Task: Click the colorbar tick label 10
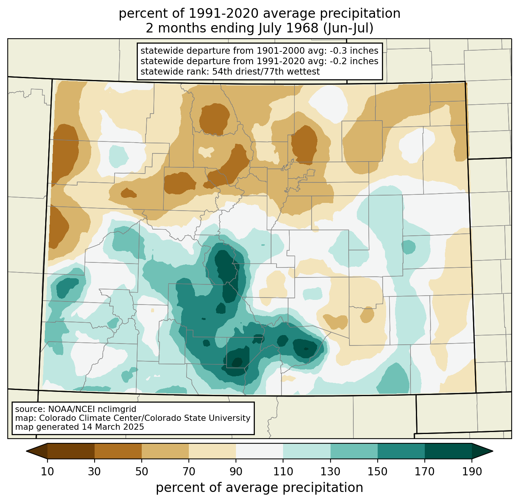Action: (x=47, y=472)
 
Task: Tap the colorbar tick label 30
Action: (x=94, y=472)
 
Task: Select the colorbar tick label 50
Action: (x=142, y=472)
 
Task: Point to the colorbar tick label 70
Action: (x=189, y=472)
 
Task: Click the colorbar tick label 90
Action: (x=236, y=472)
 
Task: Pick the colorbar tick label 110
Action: (x=283, y=472)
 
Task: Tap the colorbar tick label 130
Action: (x=331, y=472)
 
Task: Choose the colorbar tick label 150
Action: (x=378, y=472)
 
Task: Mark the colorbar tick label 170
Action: (x=425, y=472)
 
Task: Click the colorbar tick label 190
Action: (x=472, y=472)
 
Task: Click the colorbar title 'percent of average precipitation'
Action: (x=259, y=488)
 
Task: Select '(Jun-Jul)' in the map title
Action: (x=348, y=29)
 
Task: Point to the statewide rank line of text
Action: (x=230, y=71)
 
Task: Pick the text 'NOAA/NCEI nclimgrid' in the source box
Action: (x=92, y=409)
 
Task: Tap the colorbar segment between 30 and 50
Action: (x=118, y=451)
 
